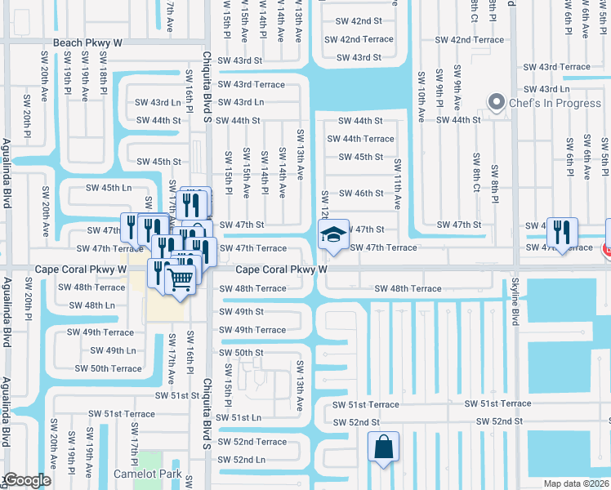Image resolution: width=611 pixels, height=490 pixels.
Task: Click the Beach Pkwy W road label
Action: pyautogui.click(x=87, y=42)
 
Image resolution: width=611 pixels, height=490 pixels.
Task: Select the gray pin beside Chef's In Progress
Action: pyautogui.click(x=496, y=103)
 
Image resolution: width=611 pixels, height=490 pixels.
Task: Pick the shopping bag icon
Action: pyautogui.click(x=383, y=447)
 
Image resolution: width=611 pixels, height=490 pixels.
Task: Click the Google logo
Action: pyautogui.click(x=27, y=480)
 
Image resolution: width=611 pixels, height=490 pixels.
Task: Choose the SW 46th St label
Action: pyautogui.click(x=360, y=194)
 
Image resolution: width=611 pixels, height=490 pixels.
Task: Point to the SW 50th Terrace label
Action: pyautogui.click(x=108, y=368)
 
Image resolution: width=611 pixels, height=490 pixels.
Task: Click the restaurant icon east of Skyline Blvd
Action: pyautogui.click(x=562, y=232)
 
